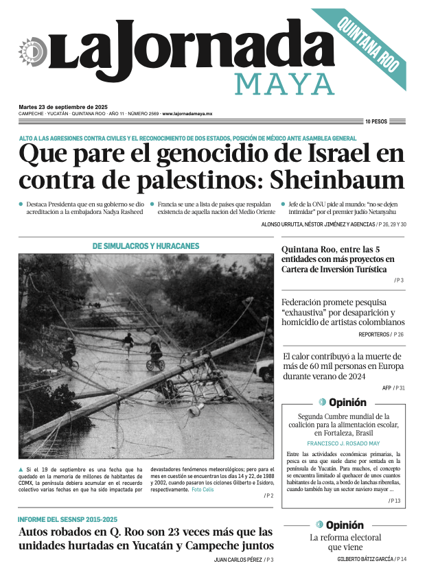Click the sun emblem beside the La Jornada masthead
click(x=32, y=52)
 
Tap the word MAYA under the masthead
click(x=284, y=84)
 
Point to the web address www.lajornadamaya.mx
click(x=187, y=114)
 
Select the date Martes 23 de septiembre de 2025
click(x=63, y=107)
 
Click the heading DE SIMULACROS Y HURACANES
click(x=146, y=246)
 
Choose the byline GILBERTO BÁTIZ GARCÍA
click(x=365, y=560)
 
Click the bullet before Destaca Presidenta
click(x=21, y=204)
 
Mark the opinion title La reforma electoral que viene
click(x=345, y=542)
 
